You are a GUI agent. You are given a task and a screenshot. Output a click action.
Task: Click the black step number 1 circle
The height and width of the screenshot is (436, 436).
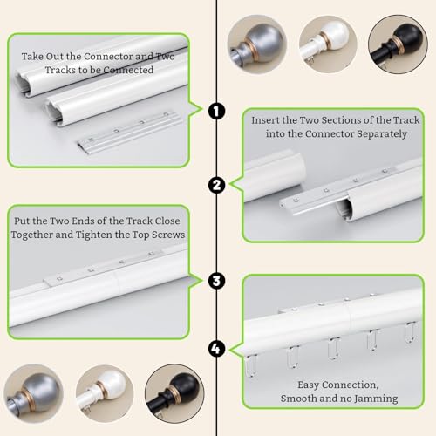(216, 111)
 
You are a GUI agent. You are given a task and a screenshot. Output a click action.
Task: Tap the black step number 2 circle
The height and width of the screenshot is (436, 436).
(216, 186)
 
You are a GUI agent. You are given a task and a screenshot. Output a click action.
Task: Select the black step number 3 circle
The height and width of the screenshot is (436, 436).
(216, 281)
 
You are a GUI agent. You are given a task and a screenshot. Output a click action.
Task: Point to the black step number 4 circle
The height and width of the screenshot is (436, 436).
(216, 349)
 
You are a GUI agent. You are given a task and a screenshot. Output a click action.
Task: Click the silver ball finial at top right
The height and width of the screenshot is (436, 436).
(256, 44)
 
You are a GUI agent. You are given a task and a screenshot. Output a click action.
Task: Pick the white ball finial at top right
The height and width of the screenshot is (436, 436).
(328, 44)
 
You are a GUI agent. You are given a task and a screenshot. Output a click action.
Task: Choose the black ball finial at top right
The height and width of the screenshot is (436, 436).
(398, 44)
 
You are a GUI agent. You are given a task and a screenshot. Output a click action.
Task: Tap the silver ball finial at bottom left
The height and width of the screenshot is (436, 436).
(33, 393)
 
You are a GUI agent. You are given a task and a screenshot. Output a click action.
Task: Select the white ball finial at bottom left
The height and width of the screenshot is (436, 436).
(105, 393)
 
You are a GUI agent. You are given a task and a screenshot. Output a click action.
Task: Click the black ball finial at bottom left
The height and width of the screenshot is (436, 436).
(174, 393)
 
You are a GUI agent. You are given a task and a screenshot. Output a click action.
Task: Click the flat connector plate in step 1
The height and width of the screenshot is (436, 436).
(129, 132)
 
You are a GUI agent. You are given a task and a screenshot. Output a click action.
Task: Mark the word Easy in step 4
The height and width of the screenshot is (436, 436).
(308, 385)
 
